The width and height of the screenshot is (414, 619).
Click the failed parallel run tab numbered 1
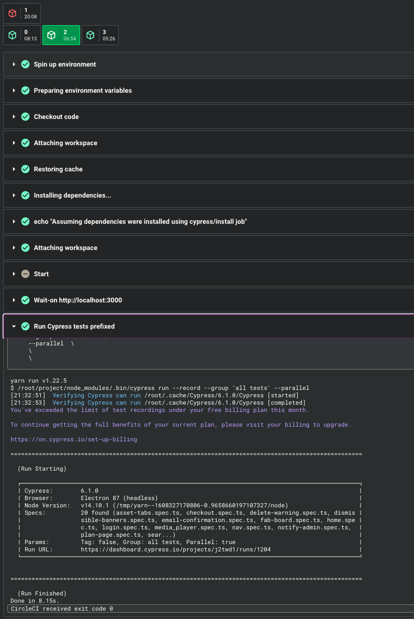coord(21,13)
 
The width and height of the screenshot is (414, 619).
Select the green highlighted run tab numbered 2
coord(61,35)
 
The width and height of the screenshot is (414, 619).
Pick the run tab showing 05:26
coord(100,35)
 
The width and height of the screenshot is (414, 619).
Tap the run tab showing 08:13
coord(21,35)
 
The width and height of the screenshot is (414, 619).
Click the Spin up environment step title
coord(65,64)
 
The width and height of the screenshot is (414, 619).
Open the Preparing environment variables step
coord(83,91)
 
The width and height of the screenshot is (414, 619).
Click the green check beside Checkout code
coord(25,117)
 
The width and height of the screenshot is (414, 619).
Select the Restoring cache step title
coord(58,169)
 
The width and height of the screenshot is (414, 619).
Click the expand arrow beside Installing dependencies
coord(14,196)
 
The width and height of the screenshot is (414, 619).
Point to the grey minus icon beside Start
coord(25,274)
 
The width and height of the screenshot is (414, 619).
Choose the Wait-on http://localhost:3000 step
coord(77,300)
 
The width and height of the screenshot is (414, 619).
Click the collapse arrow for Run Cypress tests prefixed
coord(14,327)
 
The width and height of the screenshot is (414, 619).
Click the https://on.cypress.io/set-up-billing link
coord(74,439)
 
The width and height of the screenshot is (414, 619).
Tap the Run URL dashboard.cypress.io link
coord(175,549)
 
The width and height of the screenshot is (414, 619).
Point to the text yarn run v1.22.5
coord(39,381)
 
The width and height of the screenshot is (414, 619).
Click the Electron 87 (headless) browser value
coord(119,498)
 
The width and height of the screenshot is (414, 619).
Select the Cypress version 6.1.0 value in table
coord(89,491)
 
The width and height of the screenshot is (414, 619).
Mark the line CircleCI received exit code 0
coord(62,609)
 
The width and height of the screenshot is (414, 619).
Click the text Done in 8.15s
coord(35,601)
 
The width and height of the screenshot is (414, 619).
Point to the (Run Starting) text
coord(42,469)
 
